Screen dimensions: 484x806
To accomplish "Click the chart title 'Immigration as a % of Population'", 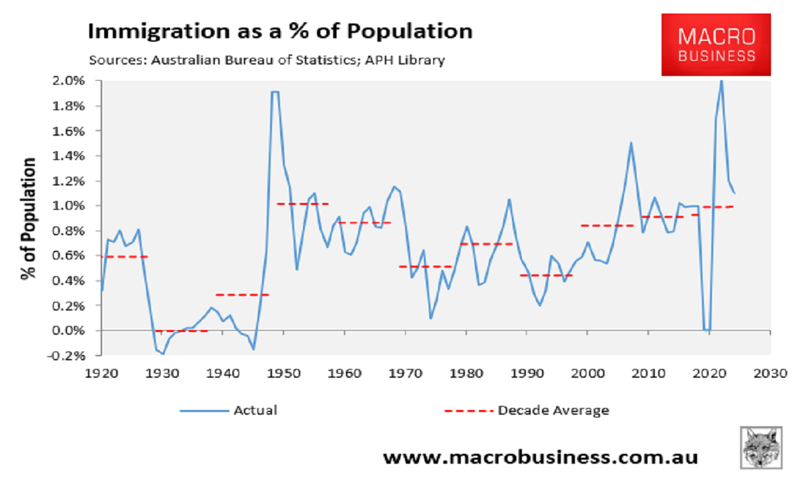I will [x=281, y=32].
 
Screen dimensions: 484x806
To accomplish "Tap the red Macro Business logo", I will [x=717, y=44].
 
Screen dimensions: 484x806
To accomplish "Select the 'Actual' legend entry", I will [x=228, y=410].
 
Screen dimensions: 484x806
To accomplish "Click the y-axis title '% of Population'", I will [x=28, y=219].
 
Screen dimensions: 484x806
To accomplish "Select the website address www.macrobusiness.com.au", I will [x=540, y=458].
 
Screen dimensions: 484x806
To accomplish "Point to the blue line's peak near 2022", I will [x=721, y=81].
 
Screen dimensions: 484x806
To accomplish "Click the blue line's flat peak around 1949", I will [x=275, y=91].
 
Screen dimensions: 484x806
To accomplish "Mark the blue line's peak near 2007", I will [x=631, y=143].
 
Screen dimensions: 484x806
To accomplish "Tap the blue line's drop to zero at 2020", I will [x=707, y=329].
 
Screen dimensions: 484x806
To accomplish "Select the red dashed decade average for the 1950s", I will [x=302, y=203].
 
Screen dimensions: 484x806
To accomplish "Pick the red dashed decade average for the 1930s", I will [x=181, y=331].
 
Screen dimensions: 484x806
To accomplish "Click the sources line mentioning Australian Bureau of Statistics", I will [x=267, y=60].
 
